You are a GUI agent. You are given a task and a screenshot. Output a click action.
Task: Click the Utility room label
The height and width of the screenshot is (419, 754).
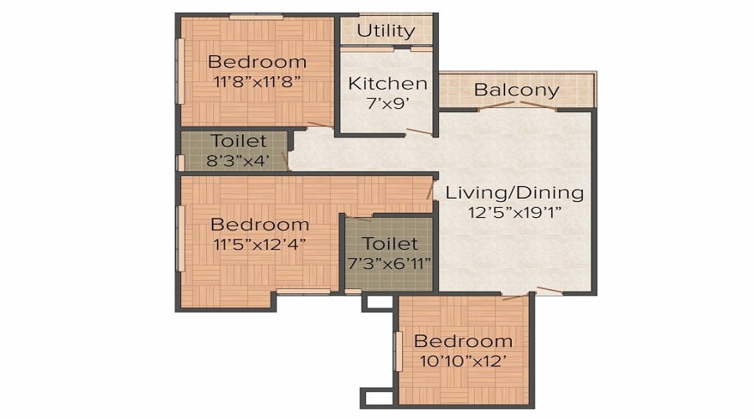pyautogui.click(x=385, y=31)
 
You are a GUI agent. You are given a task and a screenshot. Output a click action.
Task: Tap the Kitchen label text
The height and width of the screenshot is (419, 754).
pyautogui.click(x=388, y=83)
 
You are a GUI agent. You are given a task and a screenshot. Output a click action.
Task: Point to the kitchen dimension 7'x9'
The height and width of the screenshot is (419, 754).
pyautogui.click(x=388, y=103)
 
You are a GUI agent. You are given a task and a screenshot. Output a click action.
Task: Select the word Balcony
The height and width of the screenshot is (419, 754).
pyautogui.click(x=516, y=90)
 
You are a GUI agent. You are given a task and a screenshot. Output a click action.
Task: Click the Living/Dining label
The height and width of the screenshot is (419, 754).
pyautogui.click(x=514, y=193)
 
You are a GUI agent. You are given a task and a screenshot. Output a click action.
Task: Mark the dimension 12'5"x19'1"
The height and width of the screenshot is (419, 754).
pyautogui.click(x=515, y=212)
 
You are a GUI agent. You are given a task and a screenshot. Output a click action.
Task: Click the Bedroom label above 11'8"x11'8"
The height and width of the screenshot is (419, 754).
pyautogui.click(x=257, y=62)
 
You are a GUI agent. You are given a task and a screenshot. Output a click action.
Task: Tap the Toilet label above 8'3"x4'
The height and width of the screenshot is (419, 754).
pyautogui.click(x=238, y=141)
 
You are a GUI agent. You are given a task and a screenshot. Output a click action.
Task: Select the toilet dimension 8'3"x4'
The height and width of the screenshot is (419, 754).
pyautogui.click(x=238, y=160)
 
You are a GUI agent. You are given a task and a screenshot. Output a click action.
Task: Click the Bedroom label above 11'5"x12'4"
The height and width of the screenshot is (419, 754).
pyautogui.click(x=260, y=225)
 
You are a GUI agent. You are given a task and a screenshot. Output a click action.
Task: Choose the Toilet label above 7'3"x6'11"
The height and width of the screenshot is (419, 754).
pyautogui.click(x=390, y=243)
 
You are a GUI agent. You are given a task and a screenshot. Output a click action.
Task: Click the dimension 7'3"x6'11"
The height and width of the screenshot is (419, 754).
pyautogui.click(x=389, y=264)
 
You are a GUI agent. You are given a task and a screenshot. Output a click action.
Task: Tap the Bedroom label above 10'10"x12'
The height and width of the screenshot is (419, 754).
pyautogui.click(x=463, y=341)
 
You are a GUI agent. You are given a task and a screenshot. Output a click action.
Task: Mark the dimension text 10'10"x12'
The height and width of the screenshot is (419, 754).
pyautogui.click(x=463, y=361)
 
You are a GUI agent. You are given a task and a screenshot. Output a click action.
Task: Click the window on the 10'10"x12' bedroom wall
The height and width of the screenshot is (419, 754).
pyautogui.click(x=398, y=351)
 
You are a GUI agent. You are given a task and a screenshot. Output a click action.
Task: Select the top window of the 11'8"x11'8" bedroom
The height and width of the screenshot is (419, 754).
pyautogui.click(x=256, y=18)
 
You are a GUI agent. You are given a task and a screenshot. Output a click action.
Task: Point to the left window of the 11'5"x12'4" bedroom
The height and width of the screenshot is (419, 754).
pyautogui.click(x=181, y=239)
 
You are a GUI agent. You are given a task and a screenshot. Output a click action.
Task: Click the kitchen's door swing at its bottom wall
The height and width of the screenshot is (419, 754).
pyautogui.click(x=419, y=132)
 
